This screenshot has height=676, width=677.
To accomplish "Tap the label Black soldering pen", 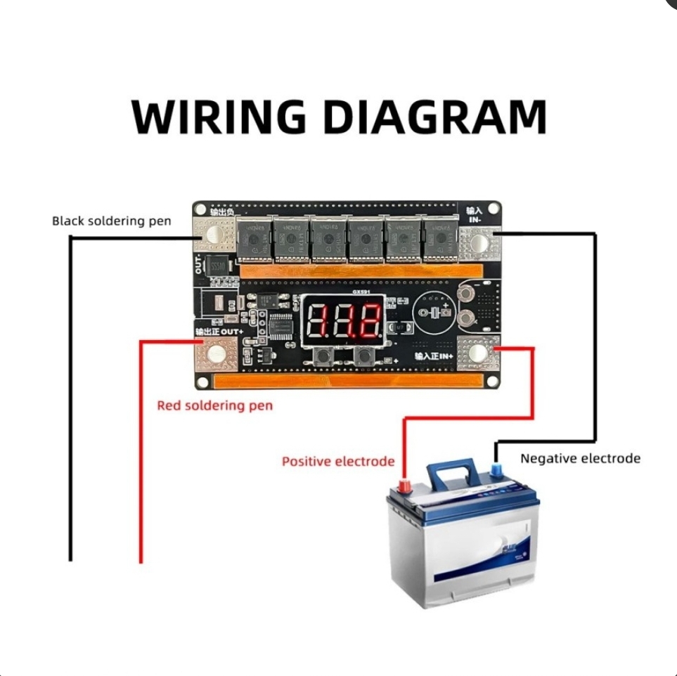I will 111,221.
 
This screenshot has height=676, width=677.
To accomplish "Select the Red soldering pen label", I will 214,405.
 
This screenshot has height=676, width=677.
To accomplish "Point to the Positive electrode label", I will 337,462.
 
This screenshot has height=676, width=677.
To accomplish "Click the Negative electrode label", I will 580,458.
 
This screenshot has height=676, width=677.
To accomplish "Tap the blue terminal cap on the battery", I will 497,467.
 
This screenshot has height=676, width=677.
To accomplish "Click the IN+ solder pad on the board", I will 479,353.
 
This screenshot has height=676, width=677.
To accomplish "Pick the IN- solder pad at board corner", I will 480,243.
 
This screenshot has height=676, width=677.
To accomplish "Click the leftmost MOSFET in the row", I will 253,240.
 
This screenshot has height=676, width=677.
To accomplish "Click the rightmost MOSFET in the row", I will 439,240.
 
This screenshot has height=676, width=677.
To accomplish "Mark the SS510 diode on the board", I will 218,266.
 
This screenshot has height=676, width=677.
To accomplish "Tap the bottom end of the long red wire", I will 141,561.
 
